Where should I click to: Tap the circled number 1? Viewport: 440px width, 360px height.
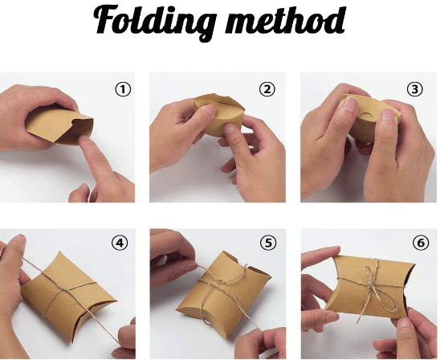tap(123, 89)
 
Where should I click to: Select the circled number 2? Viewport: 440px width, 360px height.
tap(267, 89)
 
